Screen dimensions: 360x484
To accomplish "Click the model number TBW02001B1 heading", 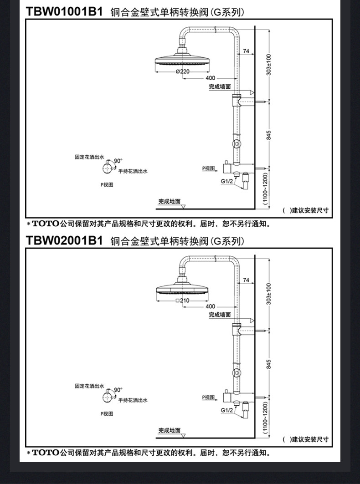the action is [x=64, y=240].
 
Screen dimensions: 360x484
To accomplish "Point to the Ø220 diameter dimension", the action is [x=182, y=71].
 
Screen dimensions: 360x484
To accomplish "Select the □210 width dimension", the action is [x=182, y=301].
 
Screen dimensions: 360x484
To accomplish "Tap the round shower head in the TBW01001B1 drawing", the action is [x=182, y=61].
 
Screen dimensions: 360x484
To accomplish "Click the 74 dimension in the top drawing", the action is [x=246, y=51].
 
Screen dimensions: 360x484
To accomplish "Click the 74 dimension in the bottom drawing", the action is [x=246, y=280].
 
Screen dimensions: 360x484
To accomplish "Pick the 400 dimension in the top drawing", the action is [x=210, y=78].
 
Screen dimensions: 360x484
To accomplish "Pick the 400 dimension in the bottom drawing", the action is [x=210, y=306].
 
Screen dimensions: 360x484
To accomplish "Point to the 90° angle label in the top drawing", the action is [x=118, y=161].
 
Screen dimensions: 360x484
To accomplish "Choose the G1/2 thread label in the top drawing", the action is [x=226, y=181].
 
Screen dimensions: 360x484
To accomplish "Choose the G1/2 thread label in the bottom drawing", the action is [x=226, y=410].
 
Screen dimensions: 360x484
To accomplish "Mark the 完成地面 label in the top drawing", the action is [x=170, y=201].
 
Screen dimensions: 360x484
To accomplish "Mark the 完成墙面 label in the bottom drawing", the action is [x=220, y=315].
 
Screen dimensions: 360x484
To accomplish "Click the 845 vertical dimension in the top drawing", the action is [x=269, y=135].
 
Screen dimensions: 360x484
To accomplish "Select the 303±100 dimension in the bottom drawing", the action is [x=269, y=294].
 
